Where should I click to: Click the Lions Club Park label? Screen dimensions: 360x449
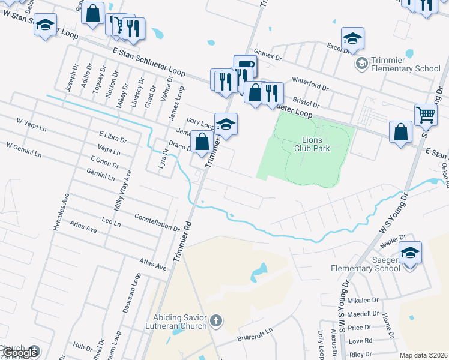[312, 144]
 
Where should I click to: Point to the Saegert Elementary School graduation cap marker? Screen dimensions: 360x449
[410, 253]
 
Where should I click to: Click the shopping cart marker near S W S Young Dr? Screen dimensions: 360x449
[426, 114]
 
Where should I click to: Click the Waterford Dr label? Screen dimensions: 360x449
[310, 83]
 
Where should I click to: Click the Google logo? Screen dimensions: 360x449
[20, 353]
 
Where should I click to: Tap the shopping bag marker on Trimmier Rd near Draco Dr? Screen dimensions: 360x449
[202, 143]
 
